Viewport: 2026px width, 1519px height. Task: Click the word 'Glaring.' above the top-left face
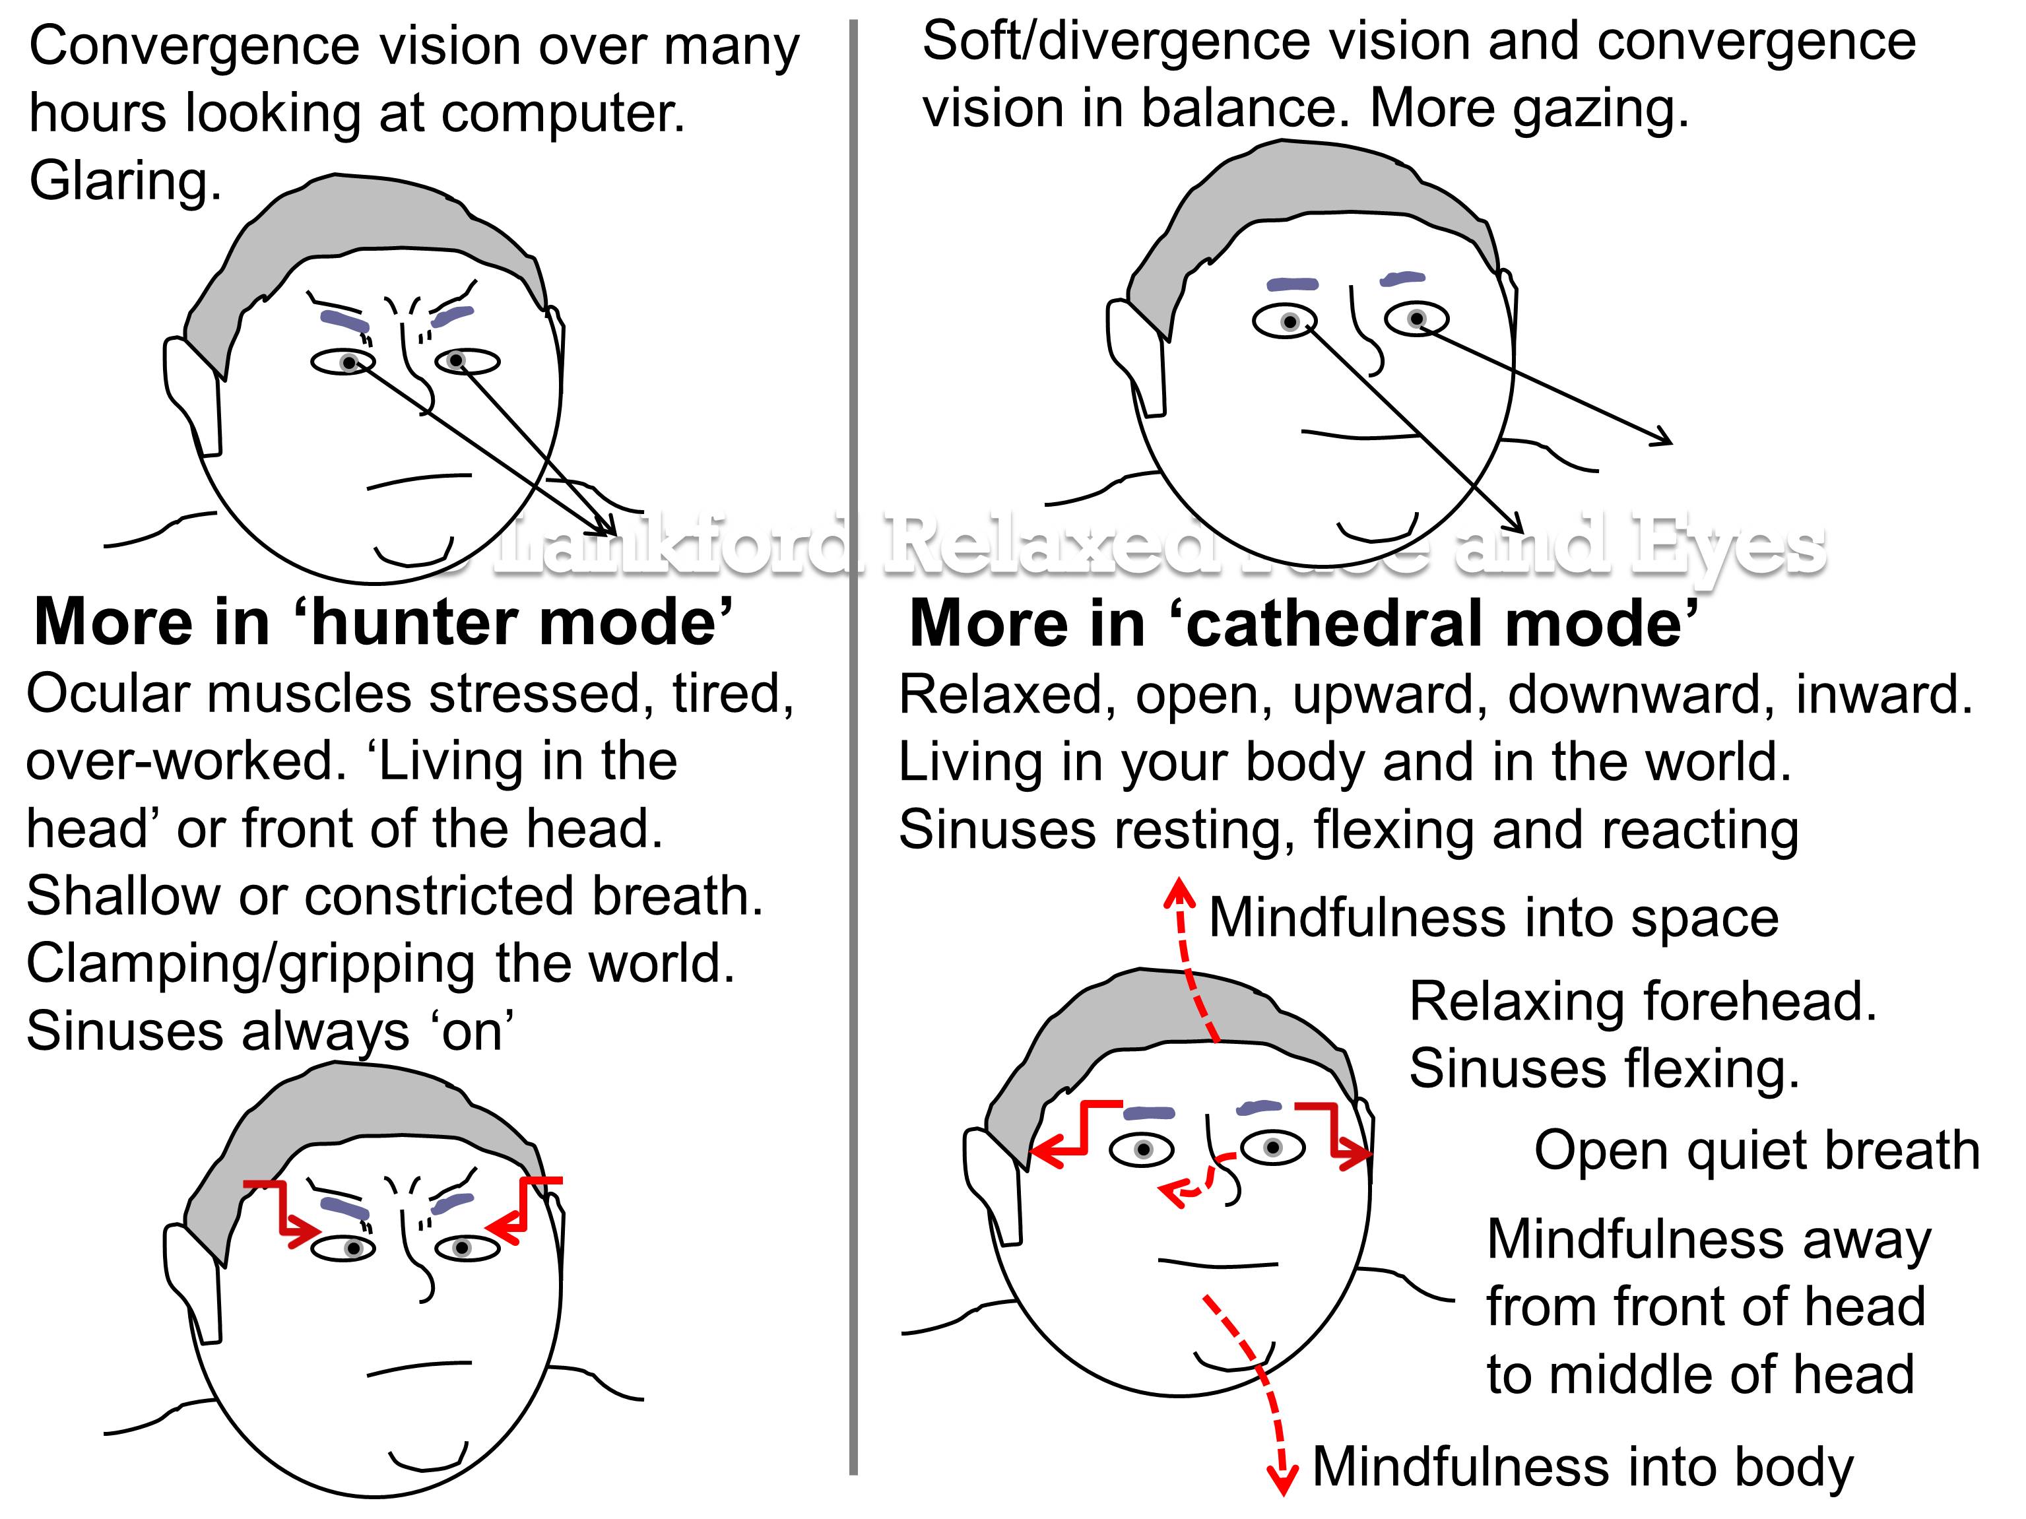point(125,180)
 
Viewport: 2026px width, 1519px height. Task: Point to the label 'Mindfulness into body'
point(1583,1467)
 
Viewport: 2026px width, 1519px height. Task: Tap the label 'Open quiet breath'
point(1757,1150)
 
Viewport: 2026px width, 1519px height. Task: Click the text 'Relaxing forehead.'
point(1642,1001)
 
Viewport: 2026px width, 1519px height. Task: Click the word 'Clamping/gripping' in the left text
point(250,963)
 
